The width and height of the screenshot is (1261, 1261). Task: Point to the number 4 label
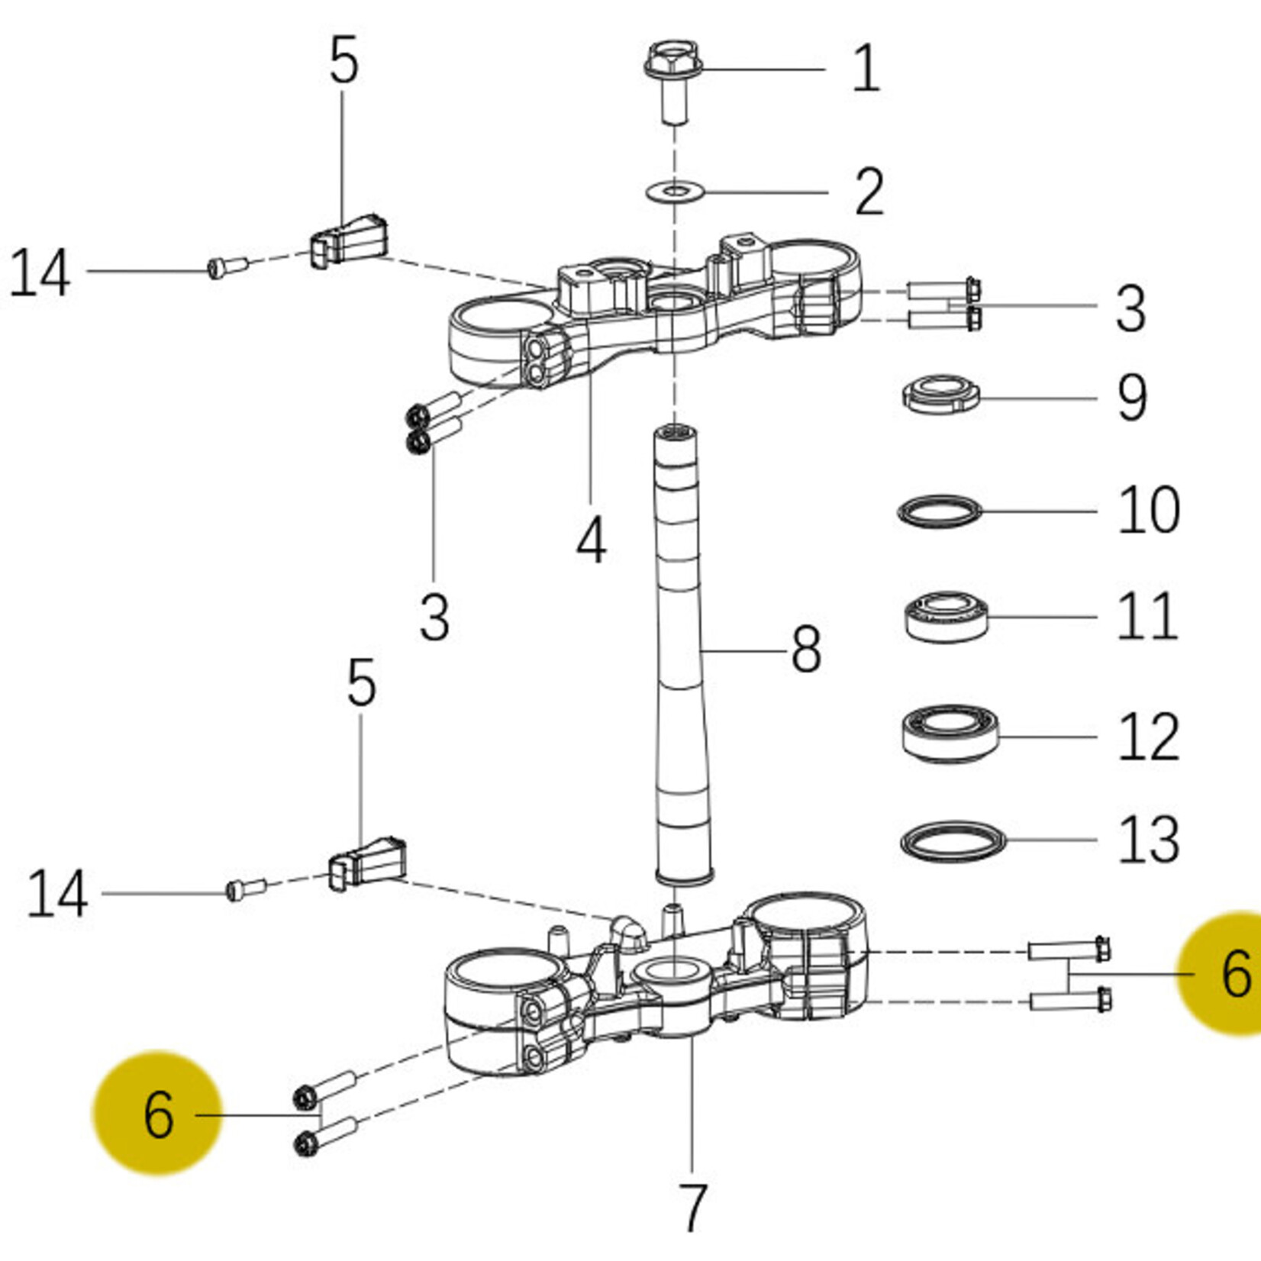pos(592,539)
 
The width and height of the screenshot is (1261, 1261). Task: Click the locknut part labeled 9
pos(940,394)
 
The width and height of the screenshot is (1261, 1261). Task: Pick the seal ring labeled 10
pos(938,511)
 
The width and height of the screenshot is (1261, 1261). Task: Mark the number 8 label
pos(806,650)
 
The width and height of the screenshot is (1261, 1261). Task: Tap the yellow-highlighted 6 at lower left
pos(158,1114)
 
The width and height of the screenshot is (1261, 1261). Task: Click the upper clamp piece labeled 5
pos(350,240)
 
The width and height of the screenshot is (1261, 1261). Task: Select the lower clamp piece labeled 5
pos(367,863)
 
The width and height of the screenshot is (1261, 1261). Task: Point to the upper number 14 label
pos(40,273)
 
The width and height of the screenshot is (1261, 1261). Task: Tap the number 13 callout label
pos(1148,840)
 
